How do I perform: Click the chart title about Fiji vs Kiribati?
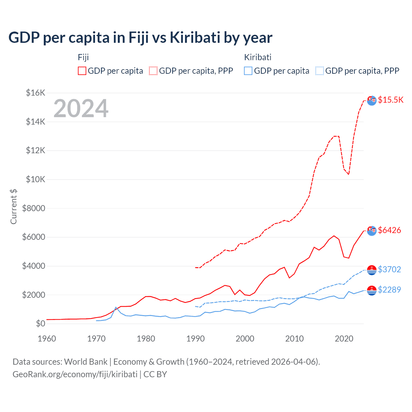tap(140, 38)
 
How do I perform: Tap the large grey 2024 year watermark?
tap(81, 109)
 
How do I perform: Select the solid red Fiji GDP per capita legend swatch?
tap(82, 71)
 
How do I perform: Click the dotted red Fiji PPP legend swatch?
tap(153, 71)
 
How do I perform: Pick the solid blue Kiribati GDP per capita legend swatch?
tap(248, 71)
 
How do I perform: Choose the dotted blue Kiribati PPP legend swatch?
tap(320, 71)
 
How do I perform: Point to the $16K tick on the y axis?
tap(35, 93)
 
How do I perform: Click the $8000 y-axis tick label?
tap(33, 208)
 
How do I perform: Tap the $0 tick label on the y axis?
tap(40, 323)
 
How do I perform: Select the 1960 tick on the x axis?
tap(47, 339)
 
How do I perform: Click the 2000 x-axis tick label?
tap(245, 339)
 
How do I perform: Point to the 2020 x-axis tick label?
tap(344, 339)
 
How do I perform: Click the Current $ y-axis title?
tap(14, 207)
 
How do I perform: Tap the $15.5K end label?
tap(390, 100)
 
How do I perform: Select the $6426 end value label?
tap(389, 230)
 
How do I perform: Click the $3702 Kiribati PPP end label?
tap(389, 269)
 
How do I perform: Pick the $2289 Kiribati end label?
tap(389, 290)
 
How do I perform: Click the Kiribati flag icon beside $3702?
tap(372, 270)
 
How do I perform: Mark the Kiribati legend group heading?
tap(258, 57)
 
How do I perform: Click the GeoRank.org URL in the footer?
tap(75, 374)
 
